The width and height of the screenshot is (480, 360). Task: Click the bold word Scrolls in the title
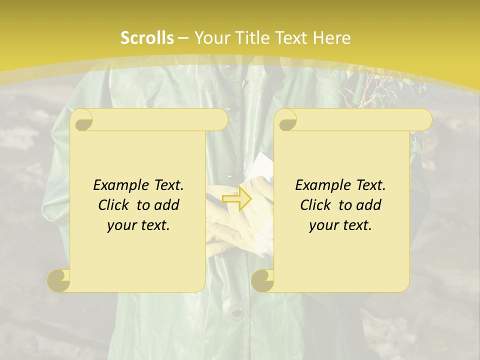point(147,38)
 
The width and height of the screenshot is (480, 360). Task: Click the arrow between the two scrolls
point(237,198)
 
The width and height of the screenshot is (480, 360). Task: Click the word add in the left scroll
point(167,205)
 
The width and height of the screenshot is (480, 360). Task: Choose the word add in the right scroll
point(369,205)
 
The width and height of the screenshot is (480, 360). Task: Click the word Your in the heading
point(211,38)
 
